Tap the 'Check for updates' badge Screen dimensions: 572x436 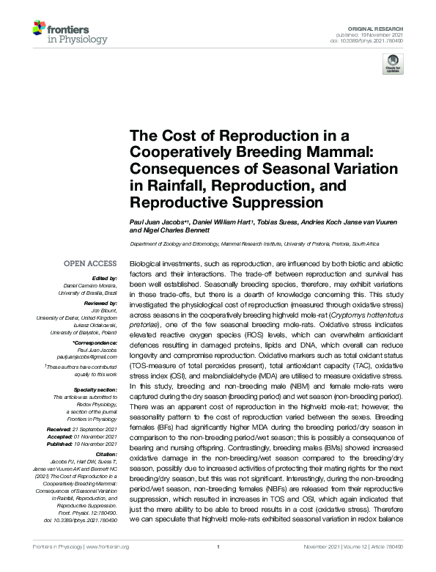coord(393,64)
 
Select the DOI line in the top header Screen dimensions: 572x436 coord(372,41)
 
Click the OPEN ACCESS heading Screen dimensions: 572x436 coord(90,263)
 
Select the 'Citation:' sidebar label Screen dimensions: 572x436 coord(104,455)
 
